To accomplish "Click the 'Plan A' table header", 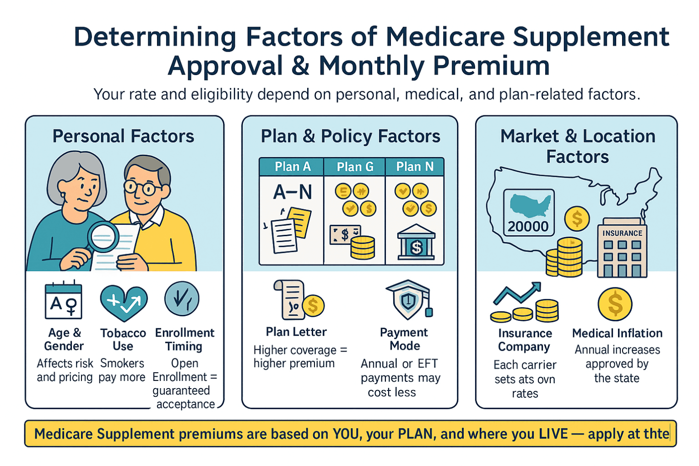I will click(293, 167).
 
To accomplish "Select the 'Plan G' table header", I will click(355, 167).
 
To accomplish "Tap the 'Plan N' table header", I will click(415, 167).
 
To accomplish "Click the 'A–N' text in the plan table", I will click(293, 192).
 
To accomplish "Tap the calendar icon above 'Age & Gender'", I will click(64, 300).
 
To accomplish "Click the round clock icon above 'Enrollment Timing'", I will click(182, 299).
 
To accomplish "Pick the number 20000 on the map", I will click(528, 226).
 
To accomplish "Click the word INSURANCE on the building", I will click(622, 233).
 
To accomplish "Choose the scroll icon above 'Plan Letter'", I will click(290, 299).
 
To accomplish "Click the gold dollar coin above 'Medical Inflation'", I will click(615, 304).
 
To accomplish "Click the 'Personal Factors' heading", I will click(123, 136).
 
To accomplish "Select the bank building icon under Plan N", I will click(416, 243).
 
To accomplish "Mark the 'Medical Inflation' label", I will click(617, 333).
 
